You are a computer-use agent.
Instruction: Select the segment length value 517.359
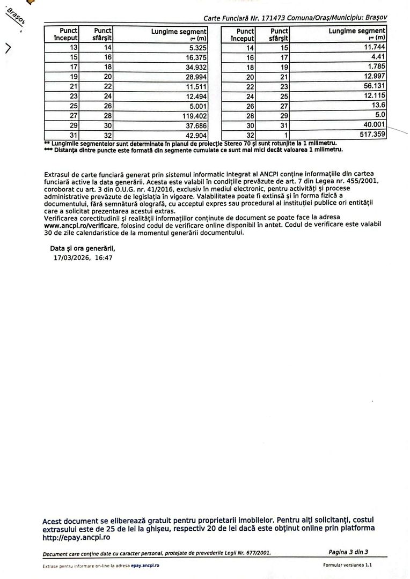pyautogui.click(x=372, y=135)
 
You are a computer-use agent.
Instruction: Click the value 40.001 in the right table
pyautogui.click(x=375, y=125)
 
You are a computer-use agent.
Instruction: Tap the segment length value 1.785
pyautogui.click(x=377, y=67)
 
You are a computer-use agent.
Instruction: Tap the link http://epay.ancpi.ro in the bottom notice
pyautogui.click(x=76, y=537)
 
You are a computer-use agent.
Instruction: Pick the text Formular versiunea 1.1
pyautogui.click(x=347, y=565)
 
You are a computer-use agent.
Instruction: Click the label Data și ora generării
pyautogui.click(x=82, y=249)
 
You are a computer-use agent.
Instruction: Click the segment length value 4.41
pyautogui.click(x=379, y=57)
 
